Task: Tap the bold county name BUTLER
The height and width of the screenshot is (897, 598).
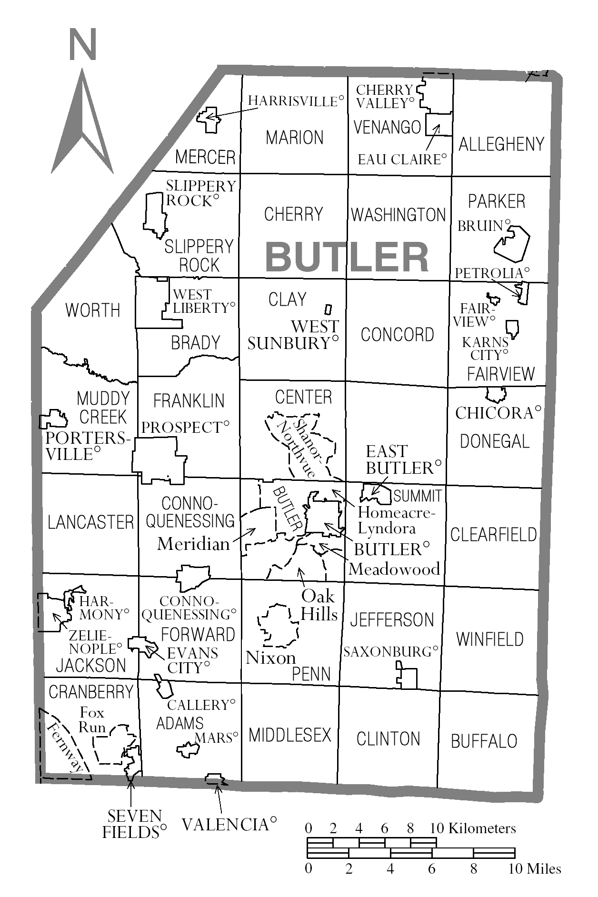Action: [347, 257]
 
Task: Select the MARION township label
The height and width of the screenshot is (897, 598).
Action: [294, 138]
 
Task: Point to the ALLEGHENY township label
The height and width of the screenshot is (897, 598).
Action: [501, 144]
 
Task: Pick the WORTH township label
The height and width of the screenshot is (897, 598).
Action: [93, 310]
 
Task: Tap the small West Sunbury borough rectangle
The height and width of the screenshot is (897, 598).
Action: [328, 309]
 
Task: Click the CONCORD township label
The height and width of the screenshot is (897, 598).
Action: [397, 335]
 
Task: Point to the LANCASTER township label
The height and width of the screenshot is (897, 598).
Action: [90, 522]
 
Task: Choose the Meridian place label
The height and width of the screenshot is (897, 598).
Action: [193, 544]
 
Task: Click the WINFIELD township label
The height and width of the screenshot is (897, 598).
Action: [489, 639]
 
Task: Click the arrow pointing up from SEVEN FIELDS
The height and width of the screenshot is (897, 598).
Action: [131, 790]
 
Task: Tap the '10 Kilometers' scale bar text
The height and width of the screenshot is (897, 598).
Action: [472, 828]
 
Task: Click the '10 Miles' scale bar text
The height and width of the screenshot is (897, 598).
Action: [534, 869]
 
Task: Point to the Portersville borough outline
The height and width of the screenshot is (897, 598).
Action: [53, 419]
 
